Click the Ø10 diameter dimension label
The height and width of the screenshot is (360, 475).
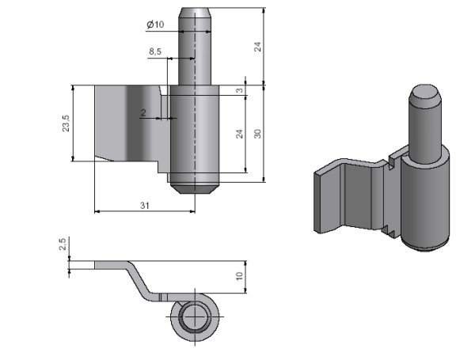coord(155,25)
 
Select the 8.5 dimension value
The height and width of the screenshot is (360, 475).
coord(155,52)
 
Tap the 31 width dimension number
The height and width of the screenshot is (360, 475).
coord(145,206)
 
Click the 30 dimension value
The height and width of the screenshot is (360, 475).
coord(257,134)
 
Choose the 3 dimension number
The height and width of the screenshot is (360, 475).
coord(239,90)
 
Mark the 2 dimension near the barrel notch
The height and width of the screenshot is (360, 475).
coord(142,113)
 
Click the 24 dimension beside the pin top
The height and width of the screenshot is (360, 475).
coord(257,46)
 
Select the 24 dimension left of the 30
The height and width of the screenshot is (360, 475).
coord(239,134)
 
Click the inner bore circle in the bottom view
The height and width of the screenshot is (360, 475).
coord(192,319)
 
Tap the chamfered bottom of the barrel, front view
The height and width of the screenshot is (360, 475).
coord(194,188)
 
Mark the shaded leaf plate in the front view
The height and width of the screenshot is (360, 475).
coord(127,123)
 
